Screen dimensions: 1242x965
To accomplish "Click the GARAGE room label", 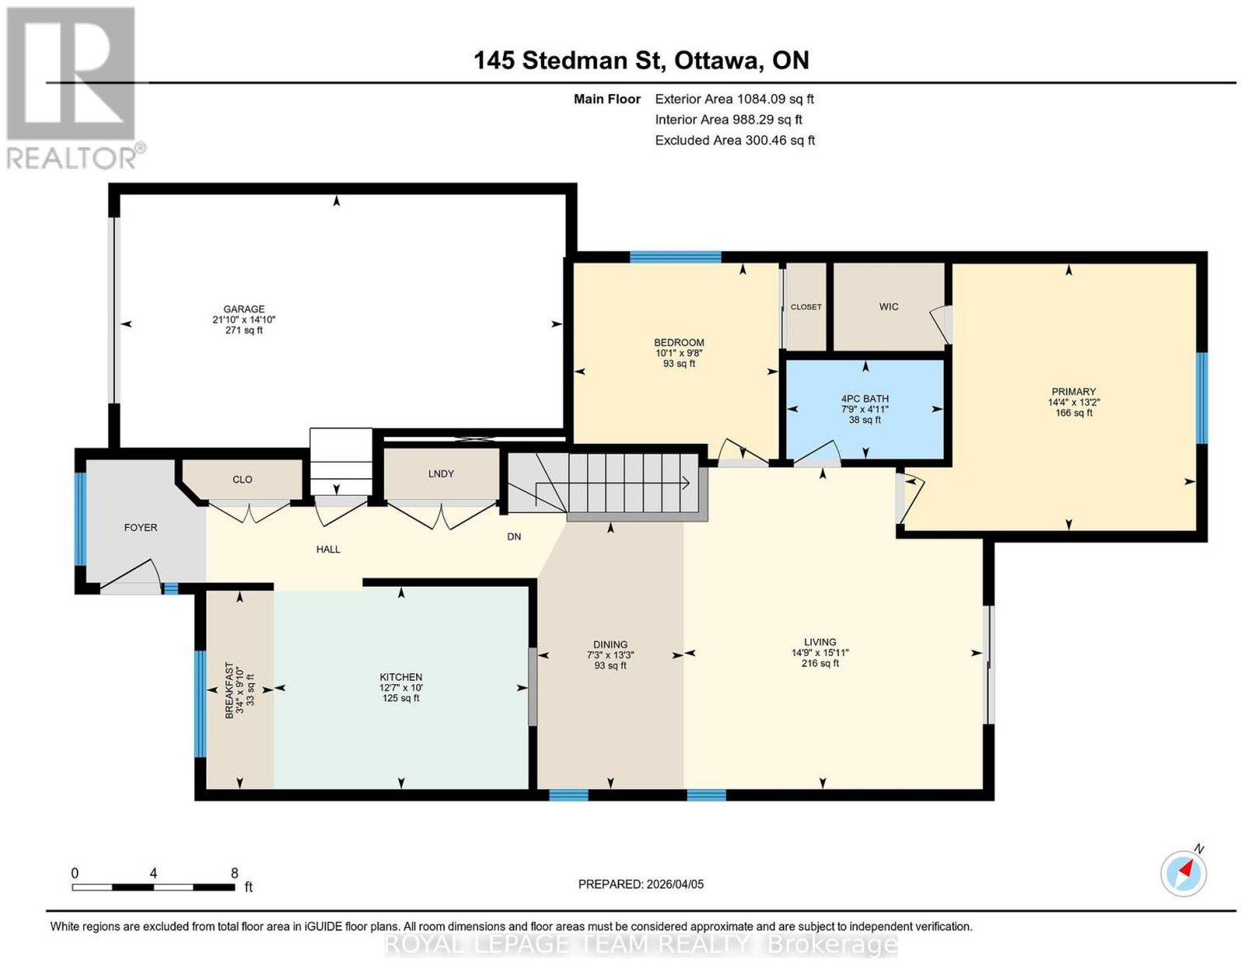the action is (244, 309).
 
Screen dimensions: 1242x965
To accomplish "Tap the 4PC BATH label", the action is (864, 399).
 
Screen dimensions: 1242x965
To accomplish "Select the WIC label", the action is (889, 307).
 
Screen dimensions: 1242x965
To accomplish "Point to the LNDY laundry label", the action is (441, 474).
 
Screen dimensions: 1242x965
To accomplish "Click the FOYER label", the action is (140, 528).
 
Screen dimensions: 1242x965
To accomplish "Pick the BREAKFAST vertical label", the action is (229, 689).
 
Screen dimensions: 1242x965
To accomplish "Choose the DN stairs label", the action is (514, 537).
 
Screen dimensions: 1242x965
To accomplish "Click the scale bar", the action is (153, 887).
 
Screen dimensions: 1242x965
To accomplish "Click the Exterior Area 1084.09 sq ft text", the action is (734, 99).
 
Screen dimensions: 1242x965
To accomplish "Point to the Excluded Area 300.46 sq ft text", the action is (734, 141).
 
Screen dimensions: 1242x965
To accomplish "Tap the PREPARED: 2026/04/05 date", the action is (640, 884).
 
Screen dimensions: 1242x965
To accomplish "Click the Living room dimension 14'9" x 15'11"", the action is (820, 653).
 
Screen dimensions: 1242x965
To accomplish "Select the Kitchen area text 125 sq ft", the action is (401, 698).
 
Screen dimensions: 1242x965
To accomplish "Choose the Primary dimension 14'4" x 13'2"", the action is (1073, 402).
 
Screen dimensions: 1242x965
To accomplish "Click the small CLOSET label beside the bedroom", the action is (806, 307).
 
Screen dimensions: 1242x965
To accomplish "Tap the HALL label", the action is (328, 550).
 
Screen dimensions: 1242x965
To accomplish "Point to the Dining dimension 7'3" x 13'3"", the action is (610, 655).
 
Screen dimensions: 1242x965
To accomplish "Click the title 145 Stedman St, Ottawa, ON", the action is (641, 61).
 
